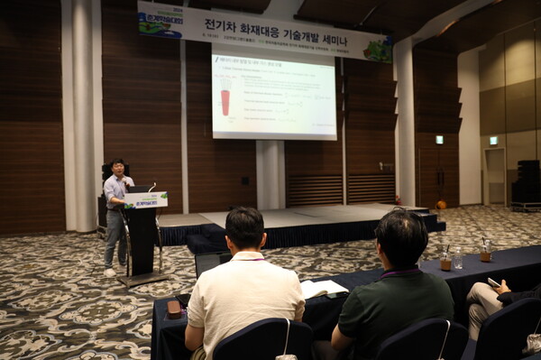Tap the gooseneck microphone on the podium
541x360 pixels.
[x=151, y=187]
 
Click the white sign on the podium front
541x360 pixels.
[x=146, y=200]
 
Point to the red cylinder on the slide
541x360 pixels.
[x=225, y=101]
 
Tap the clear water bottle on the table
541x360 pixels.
[x=458, y=258]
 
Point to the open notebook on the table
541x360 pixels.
[x=322, y=289]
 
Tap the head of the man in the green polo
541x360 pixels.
[x=401, y=238]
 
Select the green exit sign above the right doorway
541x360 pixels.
[x=493, y=140]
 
